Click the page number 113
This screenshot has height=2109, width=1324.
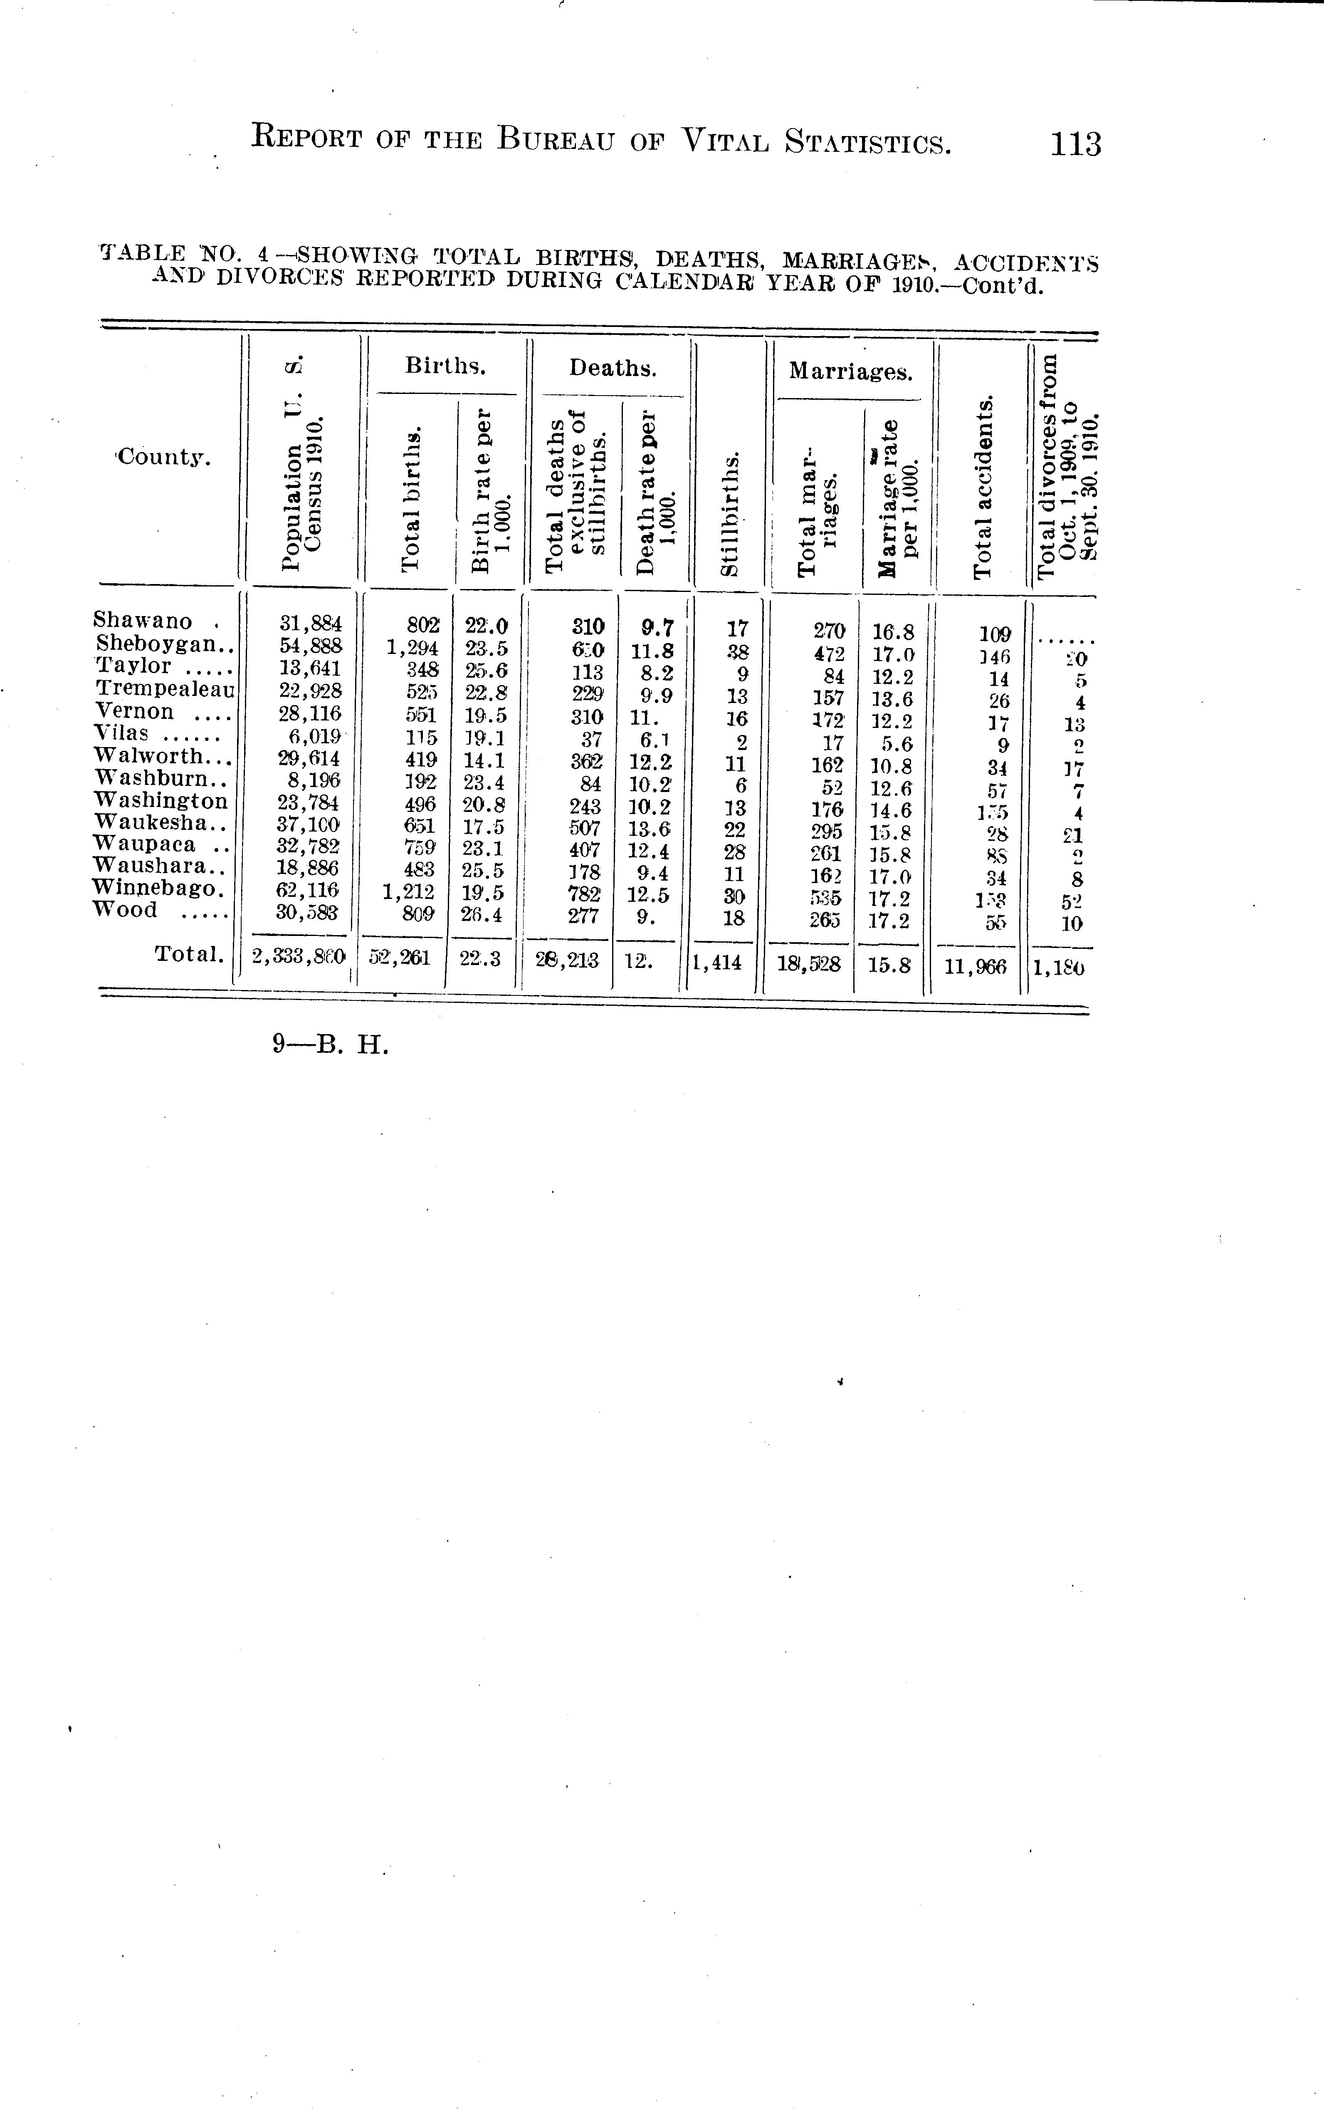pos(1076,143)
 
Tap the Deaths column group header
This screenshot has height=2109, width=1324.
pos(612,368)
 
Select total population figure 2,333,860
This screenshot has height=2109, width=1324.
pos(299,958)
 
